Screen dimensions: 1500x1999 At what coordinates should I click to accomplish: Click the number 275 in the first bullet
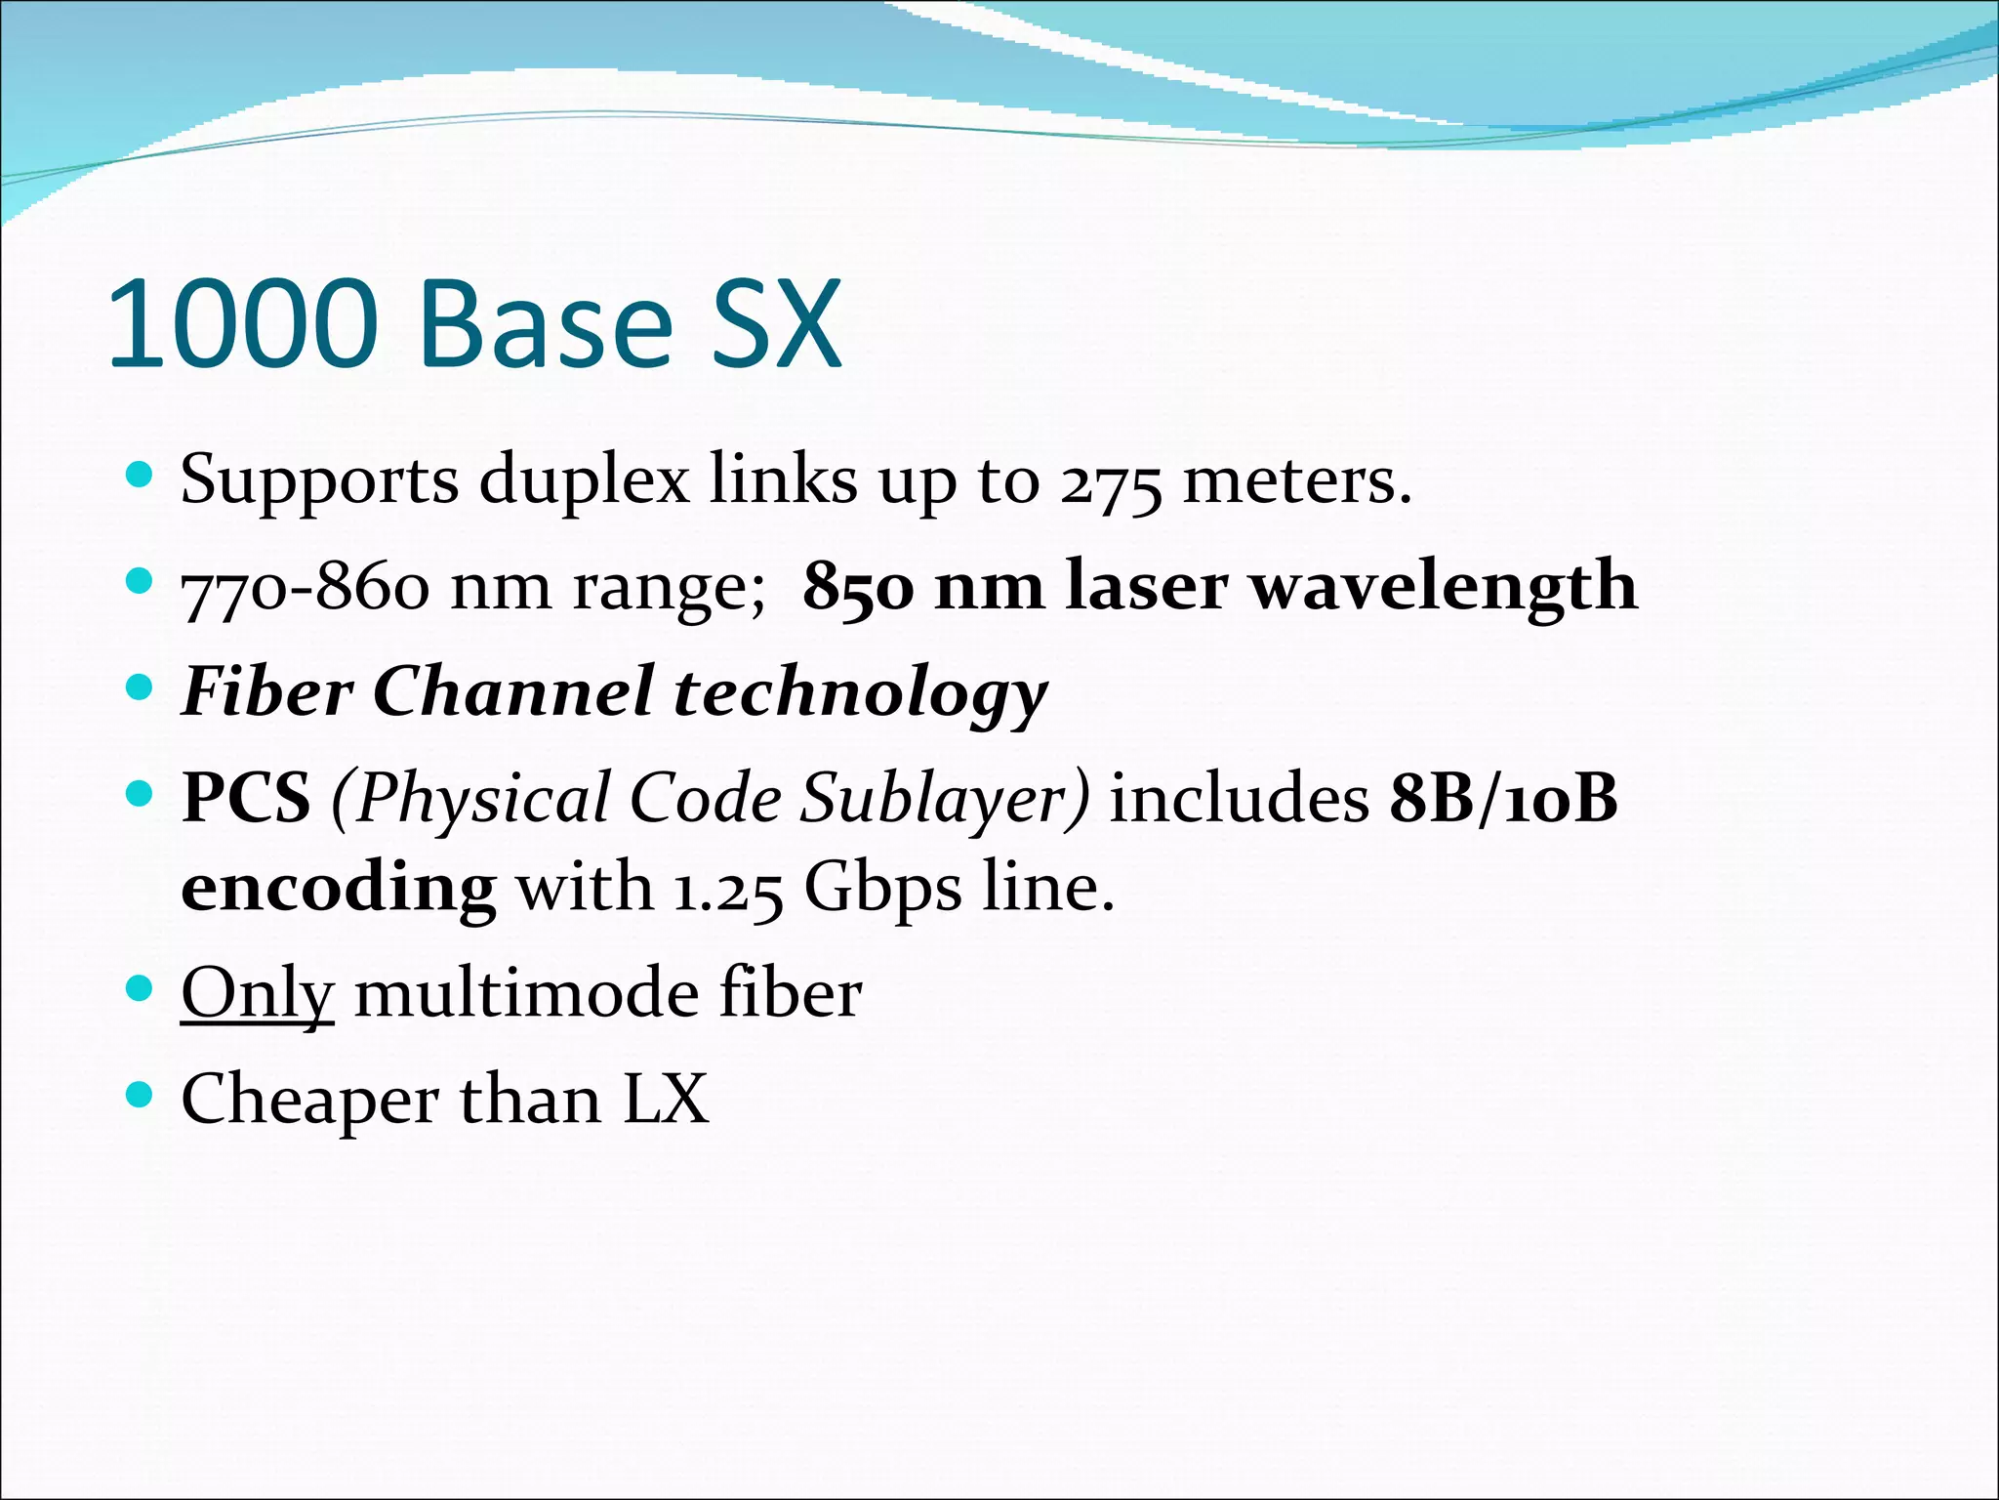pyautogui.click(x=1112, y=483)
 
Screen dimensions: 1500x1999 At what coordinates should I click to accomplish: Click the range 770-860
pyautogui.click(x=306, y=589)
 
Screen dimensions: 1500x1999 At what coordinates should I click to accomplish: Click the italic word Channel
pyautogui.click(x=513, y=692)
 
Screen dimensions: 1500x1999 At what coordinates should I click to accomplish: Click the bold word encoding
pyautogui.click(x=339, y=890)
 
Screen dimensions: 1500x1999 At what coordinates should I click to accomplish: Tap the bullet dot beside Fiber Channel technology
pyautogui.click(x=141, y=687)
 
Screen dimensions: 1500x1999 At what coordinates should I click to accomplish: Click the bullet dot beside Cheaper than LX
pyautogui.click(x=141, y=1095)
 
